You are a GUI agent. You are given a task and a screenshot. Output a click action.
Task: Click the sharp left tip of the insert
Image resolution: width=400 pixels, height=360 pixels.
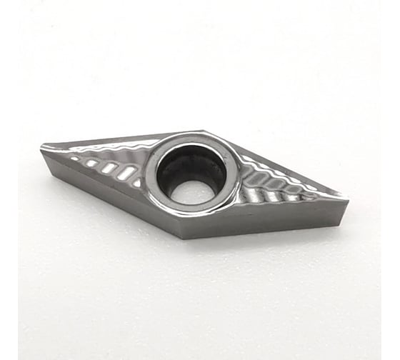pos(43,148)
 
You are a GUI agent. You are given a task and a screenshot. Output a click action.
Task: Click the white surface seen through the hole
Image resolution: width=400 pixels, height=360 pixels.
pos(192,191)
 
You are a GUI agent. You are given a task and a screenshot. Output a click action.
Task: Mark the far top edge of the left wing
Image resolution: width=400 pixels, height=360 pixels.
pos(121,138)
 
